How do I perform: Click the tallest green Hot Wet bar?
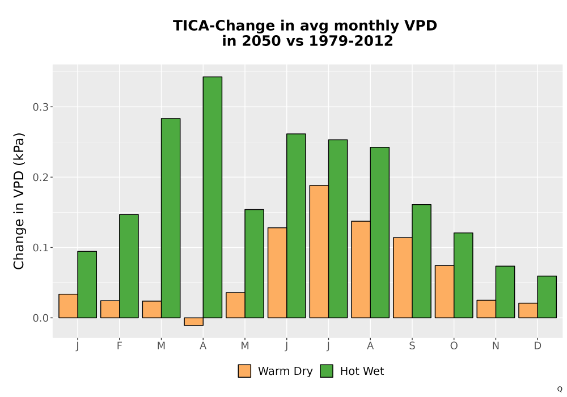click(x=212, y=197)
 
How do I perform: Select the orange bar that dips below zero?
click(x=193, y=322)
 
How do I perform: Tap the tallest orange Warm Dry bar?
click(x=319, y=252)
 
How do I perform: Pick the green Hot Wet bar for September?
click(x=421, y=261)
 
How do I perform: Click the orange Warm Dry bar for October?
click(x=445, y=292)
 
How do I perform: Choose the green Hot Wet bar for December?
click(x=547, y=297)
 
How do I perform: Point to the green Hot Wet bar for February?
click(x=129, y=266)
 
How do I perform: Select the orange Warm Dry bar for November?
click(x=486, y=309)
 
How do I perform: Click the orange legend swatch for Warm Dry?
click(x=244, y=371)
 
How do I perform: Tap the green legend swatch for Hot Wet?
click(x=327, y=371)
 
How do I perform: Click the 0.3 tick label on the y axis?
click(x=40, y=107)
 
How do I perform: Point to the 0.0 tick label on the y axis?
click(x=40, y=318)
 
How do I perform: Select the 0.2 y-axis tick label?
click(x=40, y=177)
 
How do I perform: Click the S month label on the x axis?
click(x=412, y=346)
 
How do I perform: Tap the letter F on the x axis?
click(x=119, y=346)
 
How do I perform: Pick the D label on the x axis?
click(x=538, y=346)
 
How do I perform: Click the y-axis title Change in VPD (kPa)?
click(x=19, y=201)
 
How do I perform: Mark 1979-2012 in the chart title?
click(x=351, y=41)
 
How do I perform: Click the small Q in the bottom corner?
click(x=560, y=389)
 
